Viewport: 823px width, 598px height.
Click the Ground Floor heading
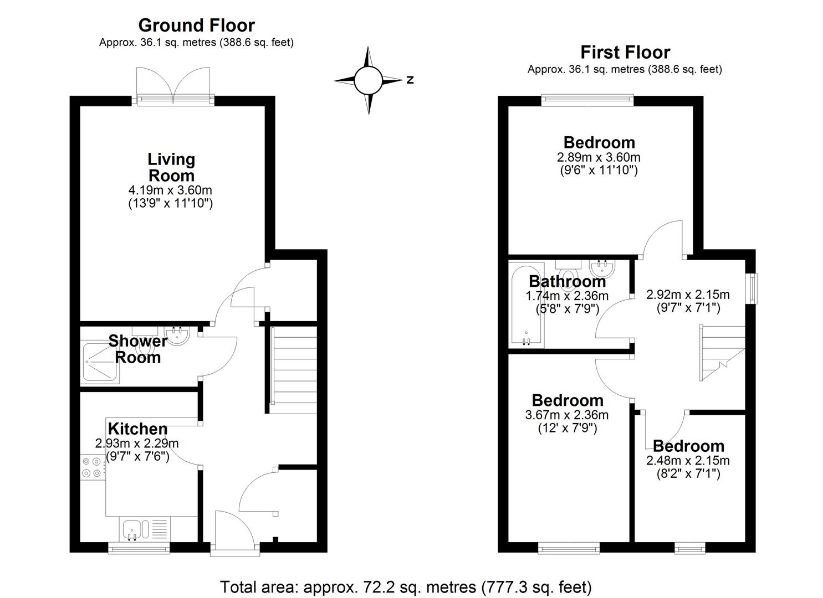(x=197, y=25)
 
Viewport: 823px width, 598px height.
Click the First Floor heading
(x=625, y=53)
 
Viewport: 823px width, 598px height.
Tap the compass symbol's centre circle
(x=369, y=80)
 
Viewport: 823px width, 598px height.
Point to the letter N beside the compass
(x=410, y=80)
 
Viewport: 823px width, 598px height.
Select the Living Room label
(x=171, y=167)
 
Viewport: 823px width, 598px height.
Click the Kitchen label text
(x=138, y=429)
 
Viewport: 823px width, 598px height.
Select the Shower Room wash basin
(x=177, y=335)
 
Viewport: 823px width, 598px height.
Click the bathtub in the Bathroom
(x=526, y=305)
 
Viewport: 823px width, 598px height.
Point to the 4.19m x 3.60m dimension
(x=170, y=190)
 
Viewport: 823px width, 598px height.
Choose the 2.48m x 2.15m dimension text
(x=688, y=460)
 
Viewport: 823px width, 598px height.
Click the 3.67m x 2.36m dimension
(x=567, y=415)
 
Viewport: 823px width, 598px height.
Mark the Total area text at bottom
(x=406, y=587)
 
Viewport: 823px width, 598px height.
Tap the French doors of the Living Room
(x=173, y=86)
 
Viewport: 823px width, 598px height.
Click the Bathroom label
(x=568, y=282)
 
